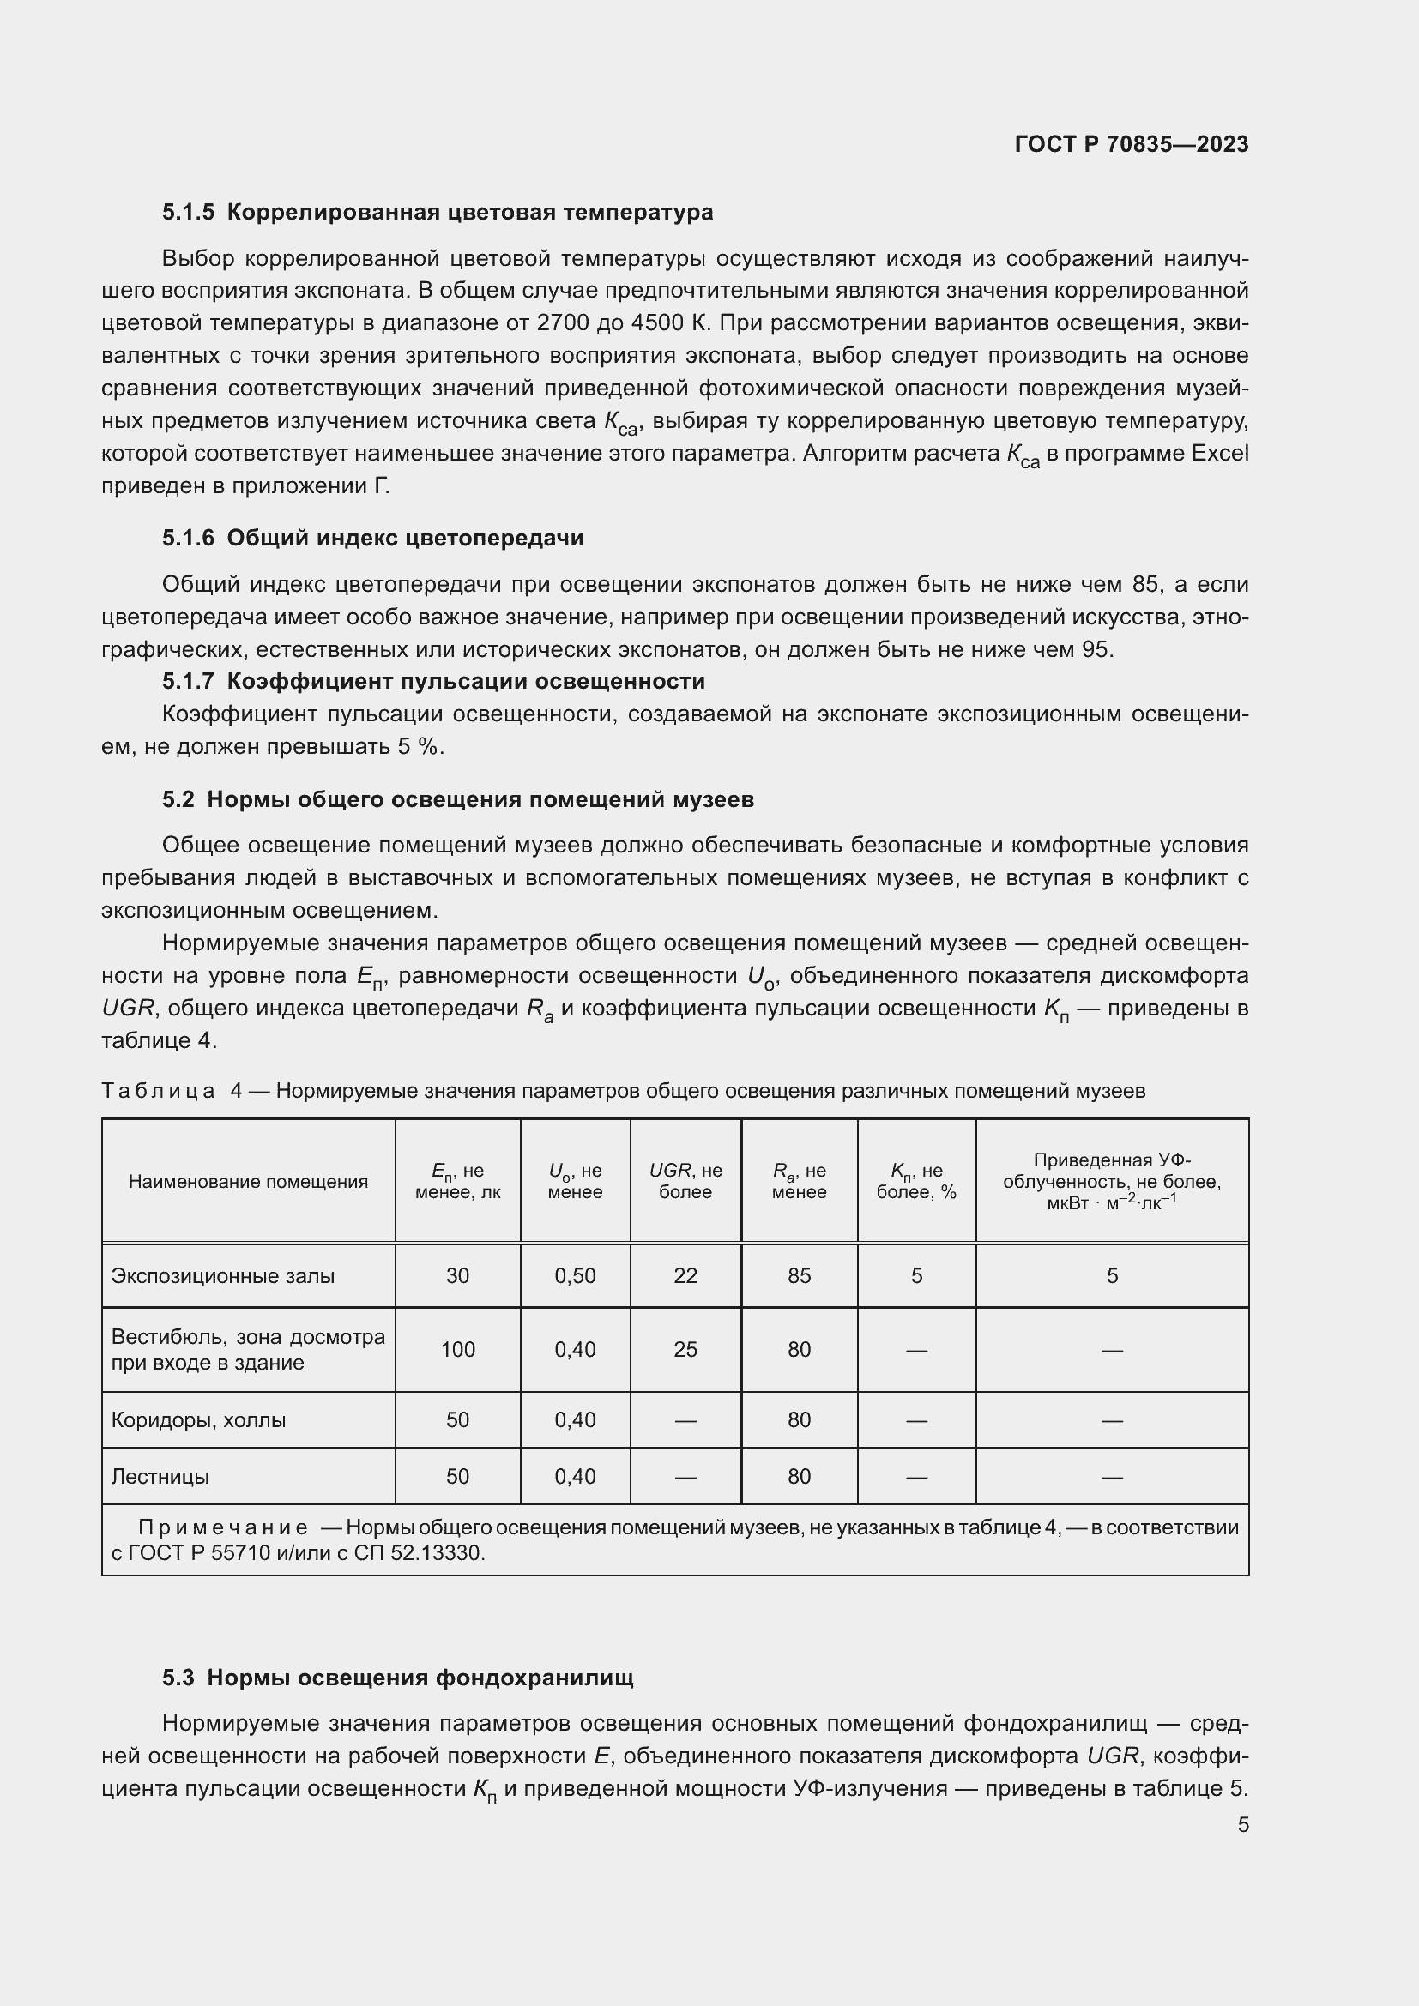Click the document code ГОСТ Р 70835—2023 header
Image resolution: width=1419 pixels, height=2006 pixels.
point(1132,144)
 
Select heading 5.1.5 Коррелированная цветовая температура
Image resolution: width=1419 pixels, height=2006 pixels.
point(437,213)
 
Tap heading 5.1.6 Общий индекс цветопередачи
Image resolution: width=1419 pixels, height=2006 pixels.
point(372,539)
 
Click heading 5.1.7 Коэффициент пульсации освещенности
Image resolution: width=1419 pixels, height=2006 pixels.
point(433,682)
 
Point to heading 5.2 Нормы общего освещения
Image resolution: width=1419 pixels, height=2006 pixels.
point(458,799)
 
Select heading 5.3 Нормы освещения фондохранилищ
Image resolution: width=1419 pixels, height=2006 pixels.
point(397,1678)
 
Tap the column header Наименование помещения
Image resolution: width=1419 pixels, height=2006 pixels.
point(248,1181)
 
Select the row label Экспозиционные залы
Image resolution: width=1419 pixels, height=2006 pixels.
point(223,1275)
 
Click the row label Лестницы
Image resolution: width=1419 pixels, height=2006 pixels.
point(160,1477)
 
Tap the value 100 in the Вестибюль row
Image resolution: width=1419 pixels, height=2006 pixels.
point(457,1350)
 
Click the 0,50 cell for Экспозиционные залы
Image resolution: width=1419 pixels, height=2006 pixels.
point(575,1275)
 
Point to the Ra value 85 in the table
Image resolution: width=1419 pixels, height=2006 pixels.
point(799,1275)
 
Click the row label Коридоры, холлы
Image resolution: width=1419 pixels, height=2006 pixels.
point(198,1419)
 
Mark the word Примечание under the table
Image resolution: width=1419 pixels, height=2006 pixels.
point(223,1527)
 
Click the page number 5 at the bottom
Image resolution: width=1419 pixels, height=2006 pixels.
point(1242,1824)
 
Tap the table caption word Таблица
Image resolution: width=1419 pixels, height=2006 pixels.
point(158,1091)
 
